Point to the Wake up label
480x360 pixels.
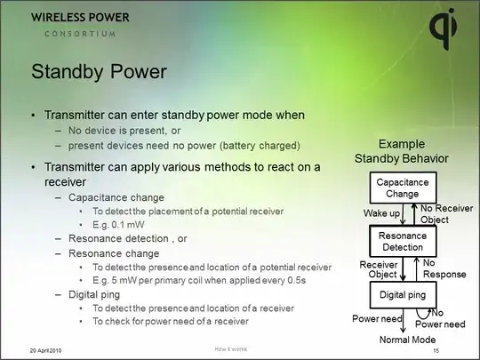click(x=380, y=213)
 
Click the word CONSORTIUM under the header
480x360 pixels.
click(x=81, y=34)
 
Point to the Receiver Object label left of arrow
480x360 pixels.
click(x=377, y=268)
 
